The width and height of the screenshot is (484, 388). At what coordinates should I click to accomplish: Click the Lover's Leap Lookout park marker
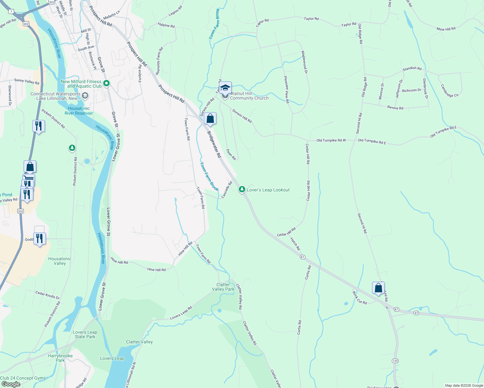coord(242,189)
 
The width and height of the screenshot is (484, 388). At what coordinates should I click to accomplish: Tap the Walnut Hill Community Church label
coord(249,96)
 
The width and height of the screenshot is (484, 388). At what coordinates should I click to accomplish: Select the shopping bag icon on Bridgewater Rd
coord(210,119)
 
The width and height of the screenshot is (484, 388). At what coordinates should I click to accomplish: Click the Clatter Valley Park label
coord(223,287)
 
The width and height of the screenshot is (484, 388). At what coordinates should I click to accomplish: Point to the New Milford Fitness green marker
coord(106,84)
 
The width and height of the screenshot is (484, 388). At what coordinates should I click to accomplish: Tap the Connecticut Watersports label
coord(55,96)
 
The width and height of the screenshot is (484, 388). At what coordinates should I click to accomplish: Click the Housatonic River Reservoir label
coord(79,111)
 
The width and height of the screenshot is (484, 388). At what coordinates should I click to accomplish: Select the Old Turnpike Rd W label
coord(331,140)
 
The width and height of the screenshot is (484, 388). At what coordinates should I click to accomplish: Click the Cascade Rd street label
coord(227,190)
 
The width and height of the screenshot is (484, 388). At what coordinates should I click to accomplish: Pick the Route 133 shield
coord(395,361)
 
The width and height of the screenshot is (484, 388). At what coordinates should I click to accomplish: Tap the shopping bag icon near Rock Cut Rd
coord(378,288)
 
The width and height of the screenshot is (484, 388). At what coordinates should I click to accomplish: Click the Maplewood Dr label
coord(304,62)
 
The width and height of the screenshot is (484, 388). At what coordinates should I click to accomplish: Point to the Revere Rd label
coord(395,108)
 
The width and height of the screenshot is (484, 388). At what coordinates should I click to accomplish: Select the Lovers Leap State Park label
coord(85,334)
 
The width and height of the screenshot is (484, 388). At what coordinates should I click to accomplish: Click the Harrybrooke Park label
coord(60,358)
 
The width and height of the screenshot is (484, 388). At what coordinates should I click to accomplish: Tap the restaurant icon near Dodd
coord(39,239)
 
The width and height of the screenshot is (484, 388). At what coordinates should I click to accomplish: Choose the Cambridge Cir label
coord(450,91)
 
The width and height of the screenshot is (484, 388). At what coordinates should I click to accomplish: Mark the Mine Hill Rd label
coord(446,29)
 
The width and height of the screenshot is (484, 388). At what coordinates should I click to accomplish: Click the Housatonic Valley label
coord(60,261)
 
